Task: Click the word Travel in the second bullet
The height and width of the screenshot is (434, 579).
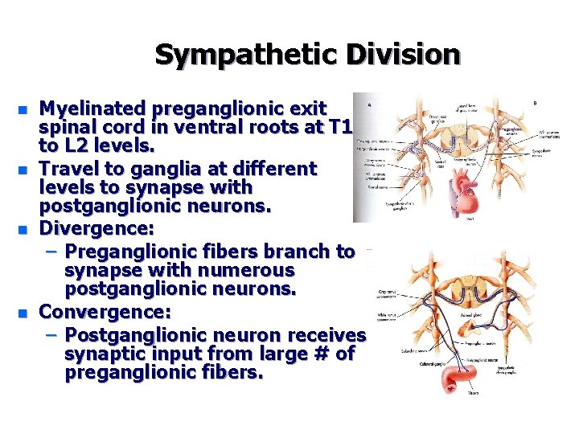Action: coord(70,169)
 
